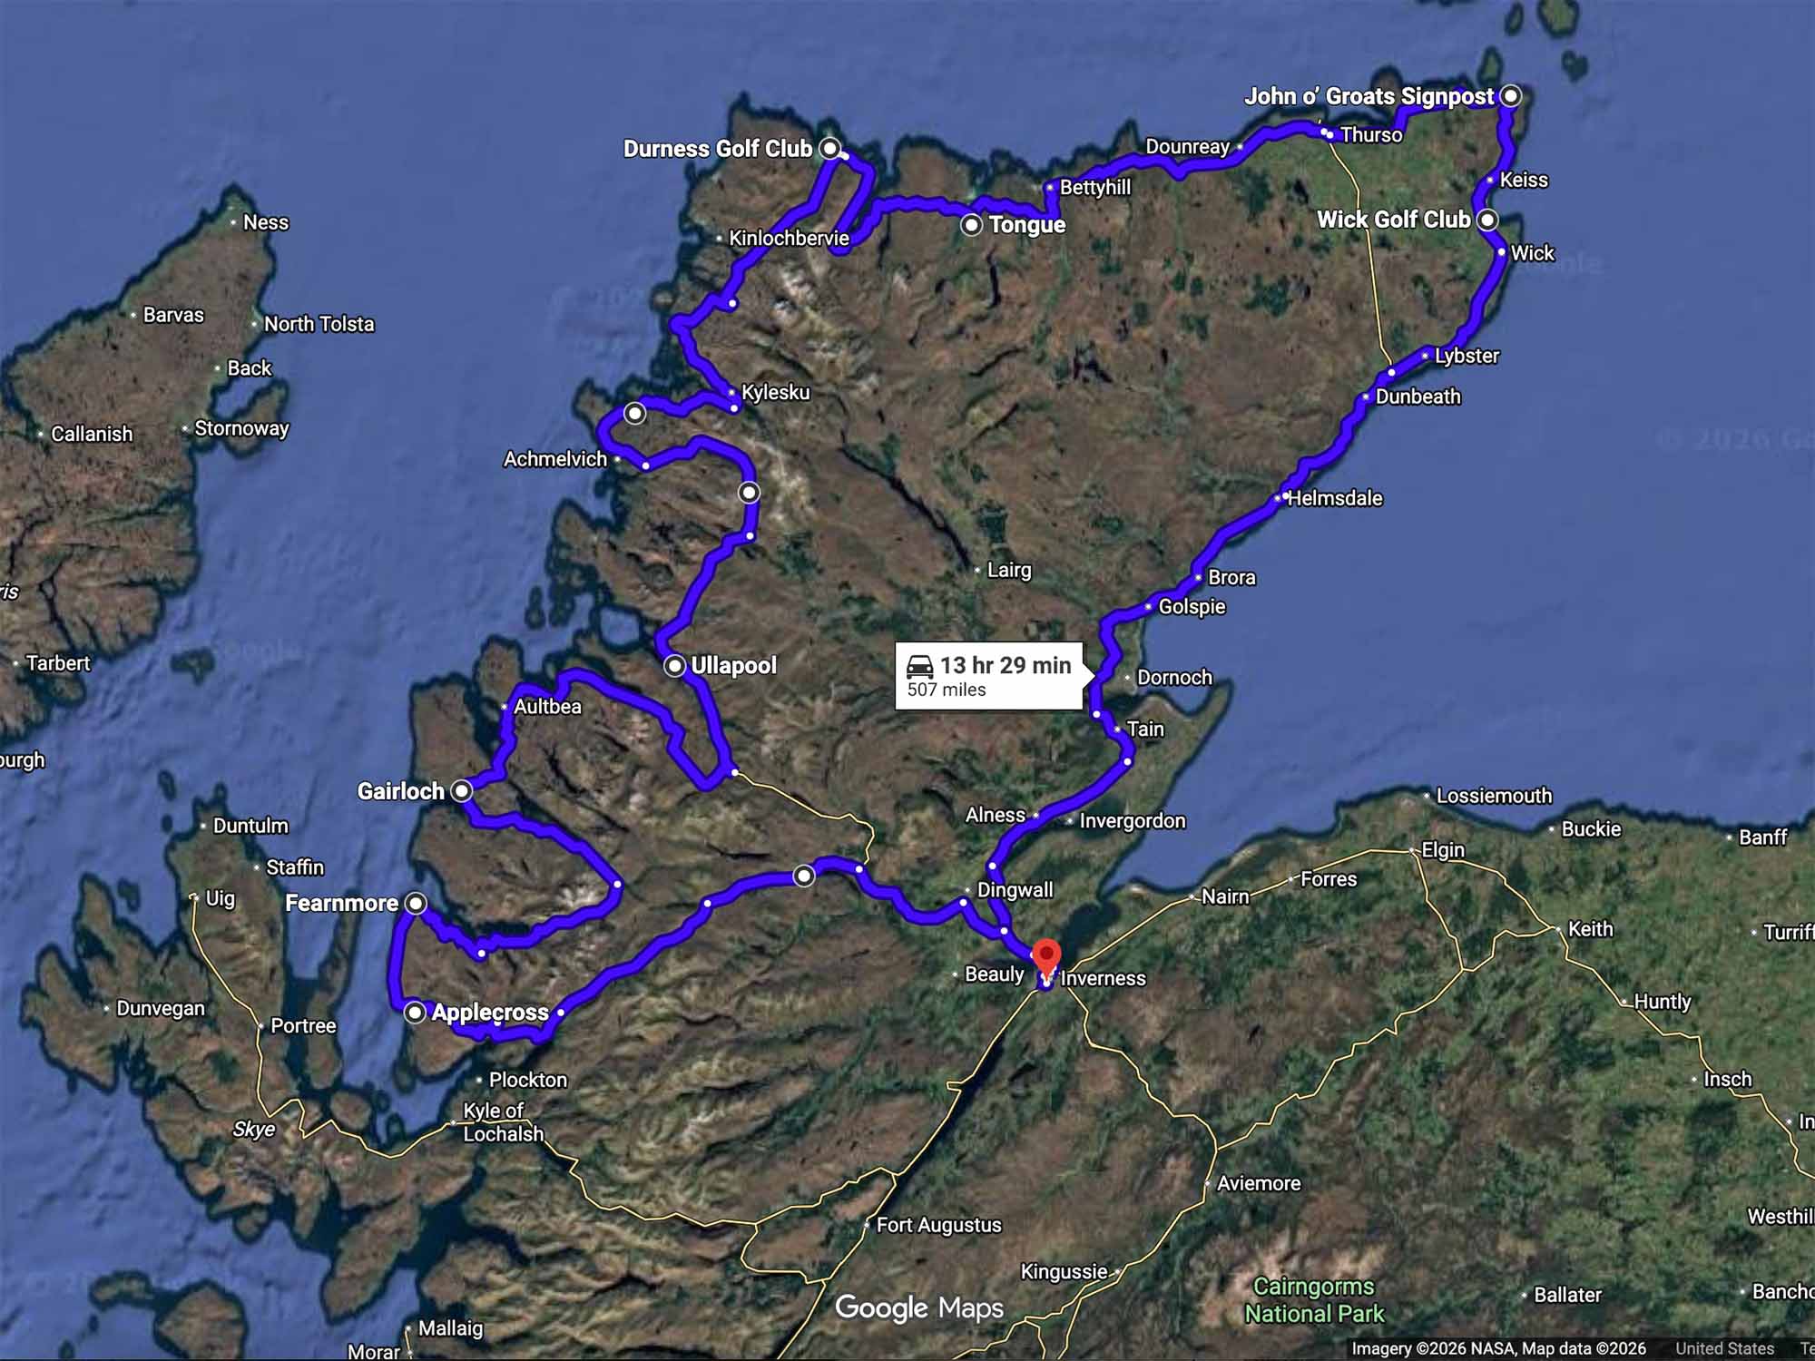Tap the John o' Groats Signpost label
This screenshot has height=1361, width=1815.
pos(1369,96)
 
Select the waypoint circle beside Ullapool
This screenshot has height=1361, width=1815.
pos(674,666)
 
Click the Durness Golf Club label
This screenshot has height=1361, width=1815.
pos(717,149)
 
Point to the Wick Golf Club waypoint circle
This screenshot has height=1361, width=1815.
pos(1487,220)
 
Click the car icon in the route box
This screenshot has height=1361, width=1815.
pos(920,666)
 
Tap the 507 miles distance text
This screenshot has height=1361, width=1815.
pos(947,690)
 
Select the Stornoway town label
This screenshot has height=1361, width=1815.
pos(241,428)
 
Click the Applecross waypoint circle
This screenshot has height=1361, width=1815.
pos(415,1012)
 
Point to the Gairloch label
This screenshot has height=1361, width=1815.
pos(400,791)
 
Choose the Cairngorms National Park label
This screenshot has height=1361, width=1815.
pos(1313,1299)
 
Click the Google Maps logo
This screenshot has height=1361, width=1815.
pos(918,1307)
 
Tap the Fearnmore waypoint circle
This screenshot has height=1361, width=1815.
pos(415,903)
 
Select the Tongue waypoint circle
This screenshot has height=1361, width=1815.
pos(972,224)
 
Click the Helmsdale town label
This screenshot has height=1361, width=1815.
pos(1334,498)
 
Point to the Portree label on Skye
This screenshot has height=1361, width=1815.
pos(303,1025)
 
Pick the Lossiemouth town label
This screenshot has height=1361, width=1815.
pos(1494,796)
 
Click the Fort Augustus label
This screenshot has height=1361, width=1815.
pos(938,1225)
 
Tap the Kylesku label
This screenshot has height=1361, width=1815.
pos(775,392)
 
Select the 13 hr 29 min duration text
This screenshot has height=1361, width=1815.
pos(1006,665)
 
